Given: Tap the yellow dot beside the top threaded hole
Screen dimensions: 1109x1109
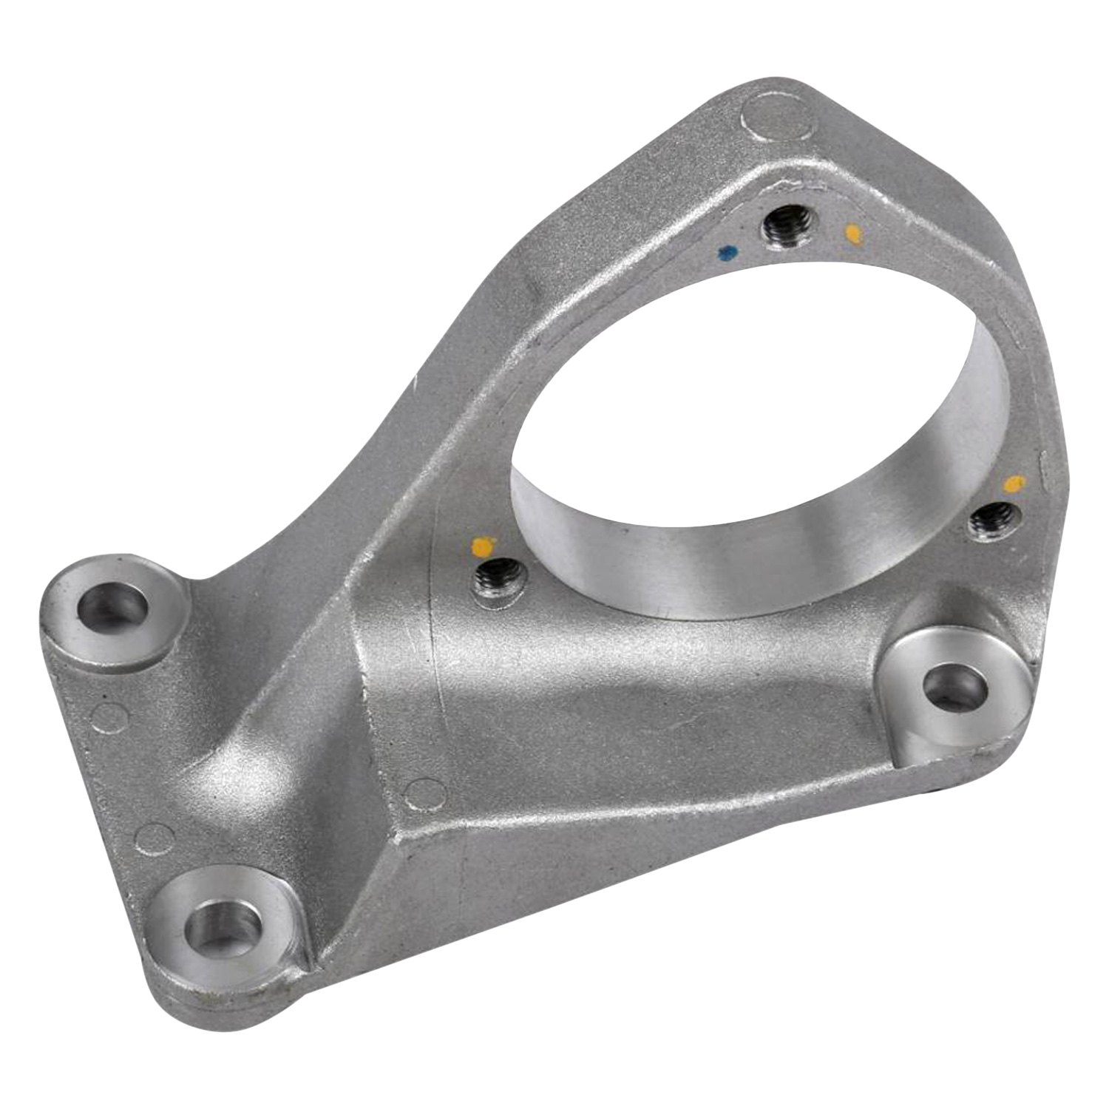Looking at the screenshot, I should coord(853,234).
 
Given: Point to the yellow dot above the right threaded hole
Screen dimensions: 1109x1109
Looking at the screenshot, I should coord(1014,484).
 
